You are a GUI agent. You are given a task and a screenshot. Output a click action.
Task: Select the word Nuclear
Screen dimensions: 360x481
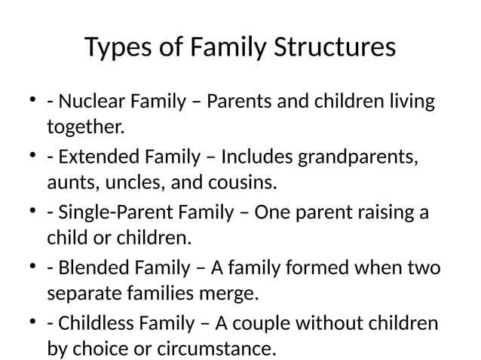pyautogui.click(x=89, y=101)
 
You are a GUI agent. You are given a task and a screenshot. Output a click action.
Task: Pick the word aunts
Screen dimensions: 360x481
pyautogui.click(x=67, y=182)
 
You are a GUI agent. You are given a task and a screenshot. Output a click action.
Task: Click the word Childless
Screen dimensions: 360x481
pyautogui.click(x=95, y=323)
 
